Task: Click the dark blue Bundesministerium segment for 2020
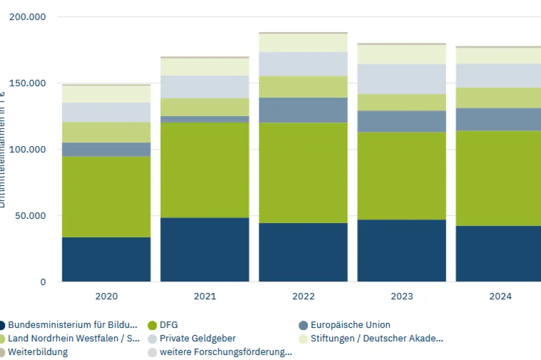[x=106, y=259]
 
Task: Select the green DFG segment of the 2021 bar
[x=205, y=170]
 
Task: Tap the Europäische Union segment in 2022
[x=303, y=110]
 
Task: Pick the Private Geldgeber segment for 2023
[x=401, y=79]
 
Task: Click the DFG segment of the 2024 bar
[x=498, y=178]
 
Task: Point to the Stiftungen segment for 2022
[x=303, y=43]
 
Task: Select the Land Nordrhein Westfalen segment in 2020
[x=106, y=133]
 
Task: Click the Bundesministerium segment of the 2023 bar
[x=401, y=250]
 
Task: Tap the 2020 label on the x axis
[x=106, y=296]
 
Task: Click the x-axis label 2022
[x=303, y=296]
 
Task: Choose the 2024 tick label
[x=500, y=296]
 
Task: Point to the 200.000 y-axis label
[x=28, y=17]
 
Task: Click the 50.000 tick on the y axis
[x=31, y=215]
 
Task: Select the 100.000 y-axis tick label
[x=28, y=149]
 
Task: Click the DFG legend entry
[x=169, y=325]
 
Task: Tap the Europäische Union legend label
[x=350, y=325]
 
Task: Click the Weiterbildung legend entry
[x=38, y=352]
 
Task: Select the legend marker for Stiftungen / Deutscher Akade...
[x=304, y=339]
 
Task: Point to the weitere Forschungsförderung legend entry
[x=225, y=352]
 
